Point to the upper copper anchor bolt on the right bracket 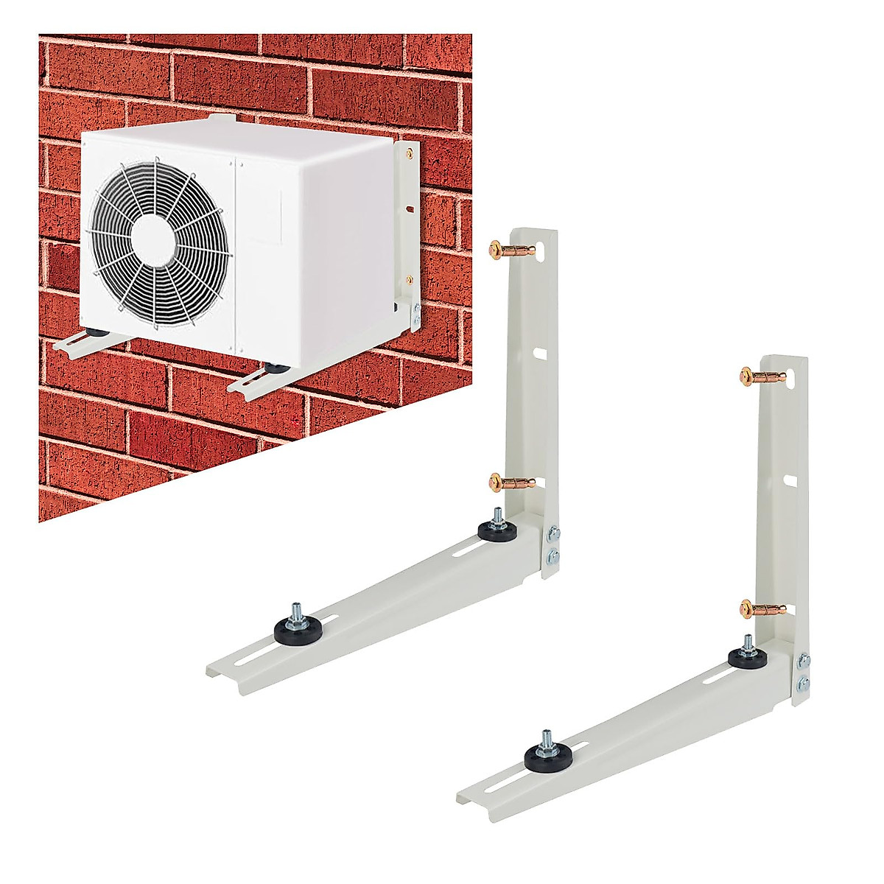point(759,376)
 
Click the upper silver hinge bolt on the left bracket point(553,532)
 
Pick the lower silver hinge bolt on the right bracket point(804,683)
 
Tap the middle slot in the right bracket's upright point(790,480)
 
